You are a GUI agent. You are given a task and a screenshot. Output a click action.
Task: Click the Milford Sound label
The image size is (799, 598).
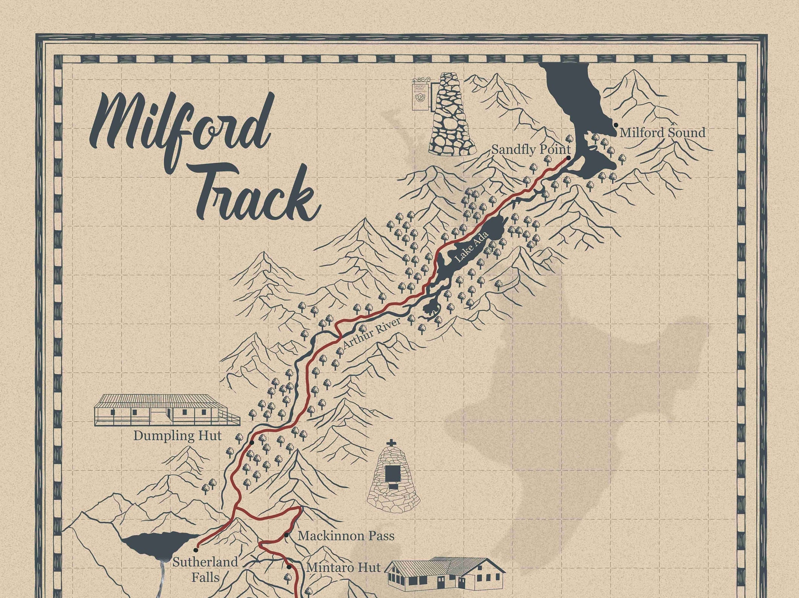662,132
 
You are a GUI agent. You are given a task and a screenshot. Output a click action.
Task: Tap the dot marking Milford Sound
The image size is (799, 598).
616,125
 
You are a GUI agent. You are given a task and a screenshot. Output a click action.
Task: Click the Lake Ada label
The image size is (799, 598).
472,247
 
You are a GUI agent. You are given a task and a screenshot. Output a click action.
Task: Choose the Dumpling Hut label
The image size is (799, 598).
177,436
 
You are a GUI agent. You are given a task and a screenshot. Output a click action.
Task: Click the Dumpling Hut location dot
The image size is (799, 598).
252,442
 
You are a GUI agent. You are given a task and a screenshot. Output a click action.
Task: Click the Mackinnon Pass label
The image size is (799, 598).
346,536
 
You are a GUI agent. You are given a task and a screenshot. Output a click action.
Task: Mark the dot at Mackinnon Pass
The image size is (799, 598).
287,535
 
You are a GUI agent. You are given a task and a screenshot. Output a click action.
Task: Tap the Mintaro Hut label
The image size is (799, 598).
344,567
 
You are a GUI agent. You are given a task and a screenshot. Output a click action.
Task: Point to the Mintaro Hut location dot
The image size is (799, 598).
289,567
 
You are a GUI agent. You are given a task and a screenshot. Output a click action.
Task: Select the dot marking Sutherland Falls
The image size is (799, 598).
196,550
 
